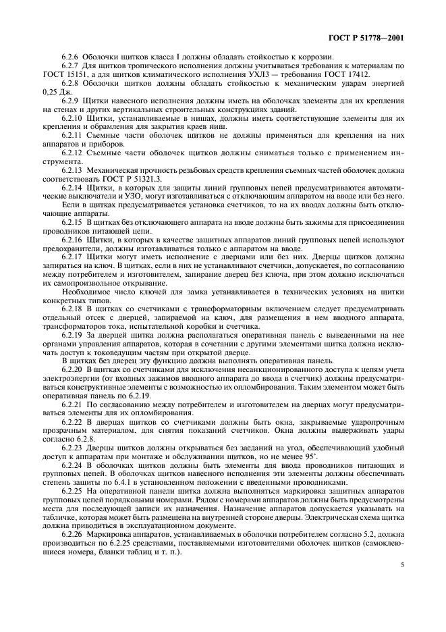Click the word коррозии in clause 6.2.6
[x=278, y=55]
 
